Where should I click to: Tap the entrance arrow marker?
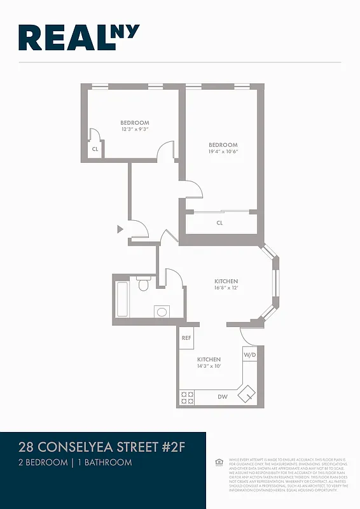tap(119, 229)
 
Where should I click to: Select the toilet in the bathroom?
tap(143, 284)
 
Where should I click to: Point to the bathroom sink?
tap(162, 312)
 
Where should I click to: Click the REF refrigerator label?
tap(186, 338)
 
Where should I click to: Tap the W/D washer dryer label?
tap(249, 355)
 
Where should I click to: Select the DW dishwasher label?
tap(223, 397)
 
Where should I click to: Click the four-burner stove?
tap(188, 398)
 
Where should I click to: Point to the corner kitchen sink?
tap(246, 394)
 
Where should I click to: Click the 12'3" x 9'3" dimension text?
tap(135, 129)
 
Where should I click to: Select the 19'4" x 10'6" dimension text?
tap(223, 151)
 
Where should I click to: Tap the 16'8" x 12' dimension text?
tap(226, 288)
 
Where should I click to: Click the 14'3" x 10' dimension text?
tap(209, 366)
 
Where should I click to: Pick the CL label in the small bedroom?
tap(95, 149)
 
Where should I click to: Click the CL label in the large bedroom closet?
tap(219, 223)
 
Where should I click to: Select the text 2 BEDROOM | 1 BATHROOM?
tap(75, 463)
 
